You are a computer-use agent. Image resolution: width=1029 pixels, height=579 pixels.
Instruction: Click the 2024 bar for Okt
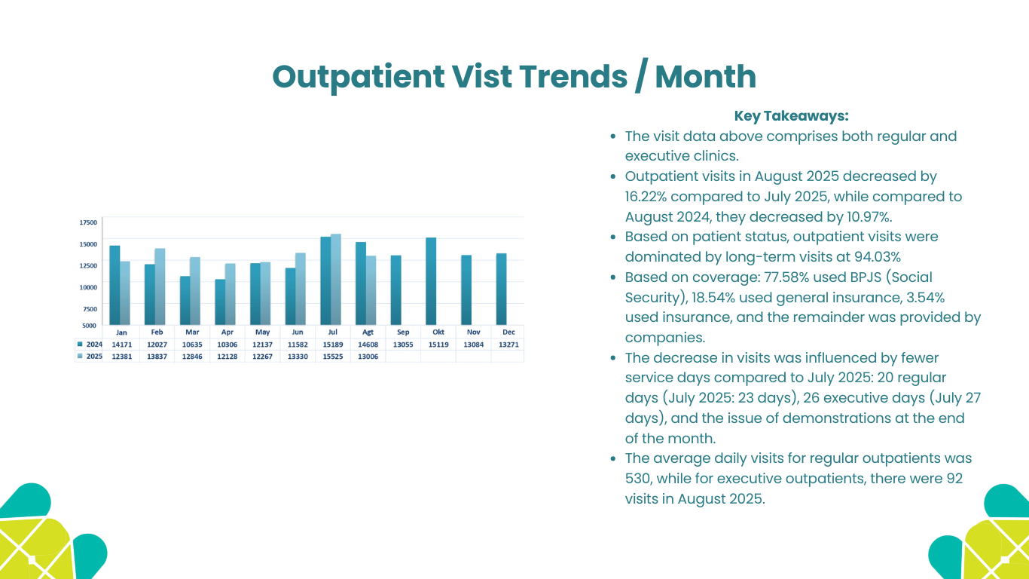coord(431,281)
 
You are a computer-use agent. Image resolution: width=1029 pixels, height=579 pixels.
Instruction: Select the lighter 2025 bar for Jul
coord(336,280)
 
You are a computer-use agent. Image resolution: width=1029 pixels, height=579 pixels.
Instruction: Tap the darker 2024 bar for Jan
coord(115,285)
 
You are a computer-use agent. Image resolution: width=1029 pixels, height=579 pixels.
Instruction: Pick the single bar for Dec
coord(501,289)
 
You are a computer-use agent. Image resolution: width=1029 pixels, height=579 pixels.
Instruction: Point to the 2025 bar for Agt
coord(371,290)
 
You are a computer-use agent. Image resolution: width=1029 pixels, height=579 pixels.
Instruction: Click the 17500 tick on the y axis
coord(88,222)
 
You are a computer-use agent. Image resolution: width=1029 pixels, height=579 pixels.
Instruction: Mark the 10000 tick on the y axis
coord(88,287)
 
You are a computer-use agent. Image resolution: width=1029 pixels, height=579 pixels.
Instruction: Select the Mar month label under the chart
coord(192,332)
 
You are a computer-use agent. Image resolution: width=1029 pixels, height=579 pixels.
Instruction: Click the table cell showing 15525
coord(332,357)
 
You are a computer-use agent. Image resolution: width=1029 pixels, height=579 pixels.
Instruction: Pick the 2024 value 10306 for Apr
coord(227,345)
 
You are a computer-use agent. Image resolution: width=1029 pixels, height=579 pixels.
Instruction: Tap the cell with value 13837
coord(157,357)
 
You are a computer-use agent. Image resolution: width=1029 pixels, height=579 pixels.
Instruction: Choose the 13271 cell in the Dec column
coord(508,345)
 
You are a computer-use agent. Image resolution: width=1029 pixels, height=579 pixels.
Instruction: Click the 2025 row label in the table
coord(94,357)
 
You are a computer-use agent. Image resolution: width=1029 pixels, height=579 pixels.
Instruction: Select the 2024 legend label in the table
coord(94,345)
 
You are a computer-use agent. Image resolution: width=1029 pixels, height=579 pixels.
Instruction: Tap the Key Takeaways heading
coord(791,116)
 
